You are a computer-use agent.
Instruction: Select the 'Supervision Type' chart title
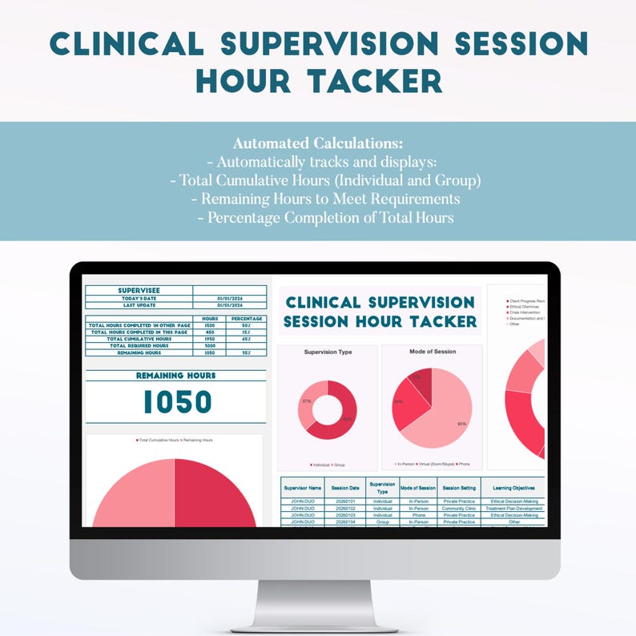point(328,352)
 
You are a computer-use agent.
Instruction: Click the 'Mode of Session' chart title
point(432,352)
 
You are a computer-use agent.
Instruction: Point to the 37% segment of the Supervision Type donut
point(306,401)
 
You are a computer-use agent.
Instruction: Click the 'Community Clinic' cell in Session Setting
point(459,509)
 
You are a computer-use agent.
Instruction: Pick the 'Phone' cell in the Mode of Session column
point(418,515)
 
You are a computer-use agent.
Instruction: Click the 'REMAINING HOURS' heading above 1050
point(175,375)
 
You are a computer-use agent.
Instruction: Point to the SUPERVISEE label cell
point(139,291)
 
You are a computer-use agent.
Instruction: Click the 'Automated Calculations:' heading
point(317,143)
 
